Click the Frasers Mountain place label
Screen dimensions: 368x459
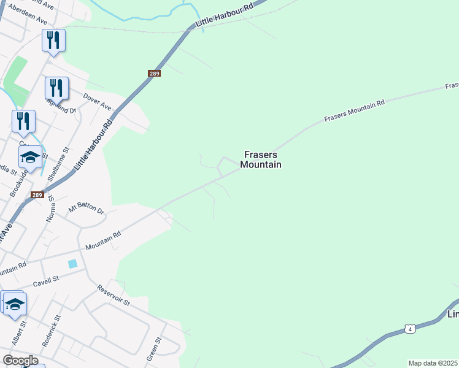click(x=261, y=160)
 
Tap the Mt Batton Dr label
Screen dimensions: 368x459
click(x=87, y=209)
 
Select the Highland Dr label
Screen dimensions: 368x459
click(x=64, y=109)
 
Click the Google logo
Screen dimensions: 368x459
click(x=20, y=361)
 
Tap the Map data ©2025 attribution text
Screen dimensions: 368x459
click(x=433, y=363)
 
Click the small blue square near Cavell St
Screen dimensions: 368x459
click(x=73, y=264)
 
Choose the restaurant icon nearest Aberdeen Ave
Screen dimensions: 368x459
click(x=54, y=40)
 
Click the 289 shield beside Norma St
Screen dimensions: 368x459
click(x=37, y=195)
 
